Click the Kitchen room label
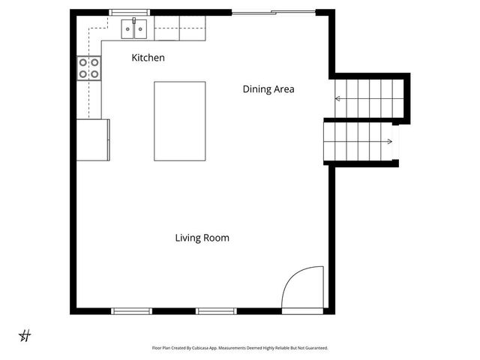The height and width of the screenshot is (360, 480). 148,58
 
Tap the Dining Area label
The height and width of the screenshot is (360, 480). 268,89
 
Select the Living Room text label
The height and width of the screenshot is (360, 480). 202,238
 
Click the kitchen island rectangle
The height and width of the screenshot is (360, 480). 179,121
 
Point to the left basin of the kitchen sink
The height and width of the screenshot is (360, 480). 127,30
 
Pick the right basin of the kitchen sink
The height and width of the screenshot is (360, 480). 139,30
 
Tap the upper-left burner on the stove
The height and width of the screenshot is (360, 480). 83,62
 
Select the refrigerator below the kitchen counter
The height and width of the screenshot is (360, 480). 93,139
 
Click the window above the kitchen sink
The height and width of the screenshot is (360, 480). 130,12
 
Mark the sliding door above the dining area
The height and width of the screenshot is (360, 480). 273,12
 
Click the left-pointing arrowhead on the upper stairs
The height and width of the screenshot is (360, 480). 338,98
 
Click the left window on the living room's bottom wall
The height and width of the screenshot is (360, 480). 131,310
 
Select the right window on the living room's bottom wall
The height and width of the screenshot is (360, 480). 216,310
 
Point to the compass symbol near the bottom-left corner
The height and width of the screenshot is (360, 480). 25,335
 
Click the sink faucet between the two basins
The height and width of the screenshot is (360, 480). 134,23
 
